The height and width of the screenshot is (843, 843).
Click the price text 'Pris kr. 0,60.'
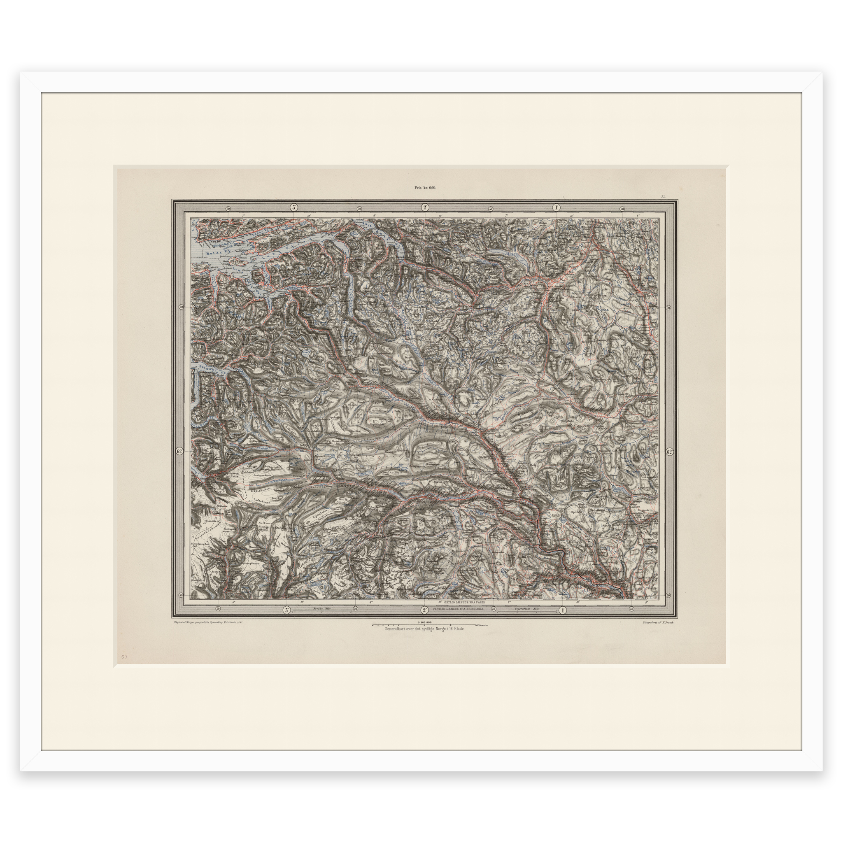click(425, 188)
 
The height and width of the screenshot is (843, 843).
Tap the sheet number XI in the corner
click(662, 196)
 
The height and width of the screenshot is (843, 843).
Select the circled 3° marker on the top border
click(293, 208)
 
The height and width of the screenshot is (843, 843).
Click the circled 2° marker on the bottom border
click(424, 610)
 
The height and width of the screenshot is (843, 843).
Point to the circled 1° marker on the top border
click(557, 208)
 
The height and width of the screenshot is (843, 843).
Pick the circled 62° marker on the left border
click(179, 451)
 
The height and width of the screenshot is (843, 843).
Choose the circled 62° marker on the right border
click(670, 452)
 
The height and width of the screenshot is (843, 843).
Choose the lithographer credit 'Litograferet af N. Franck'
click(659, 623)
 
